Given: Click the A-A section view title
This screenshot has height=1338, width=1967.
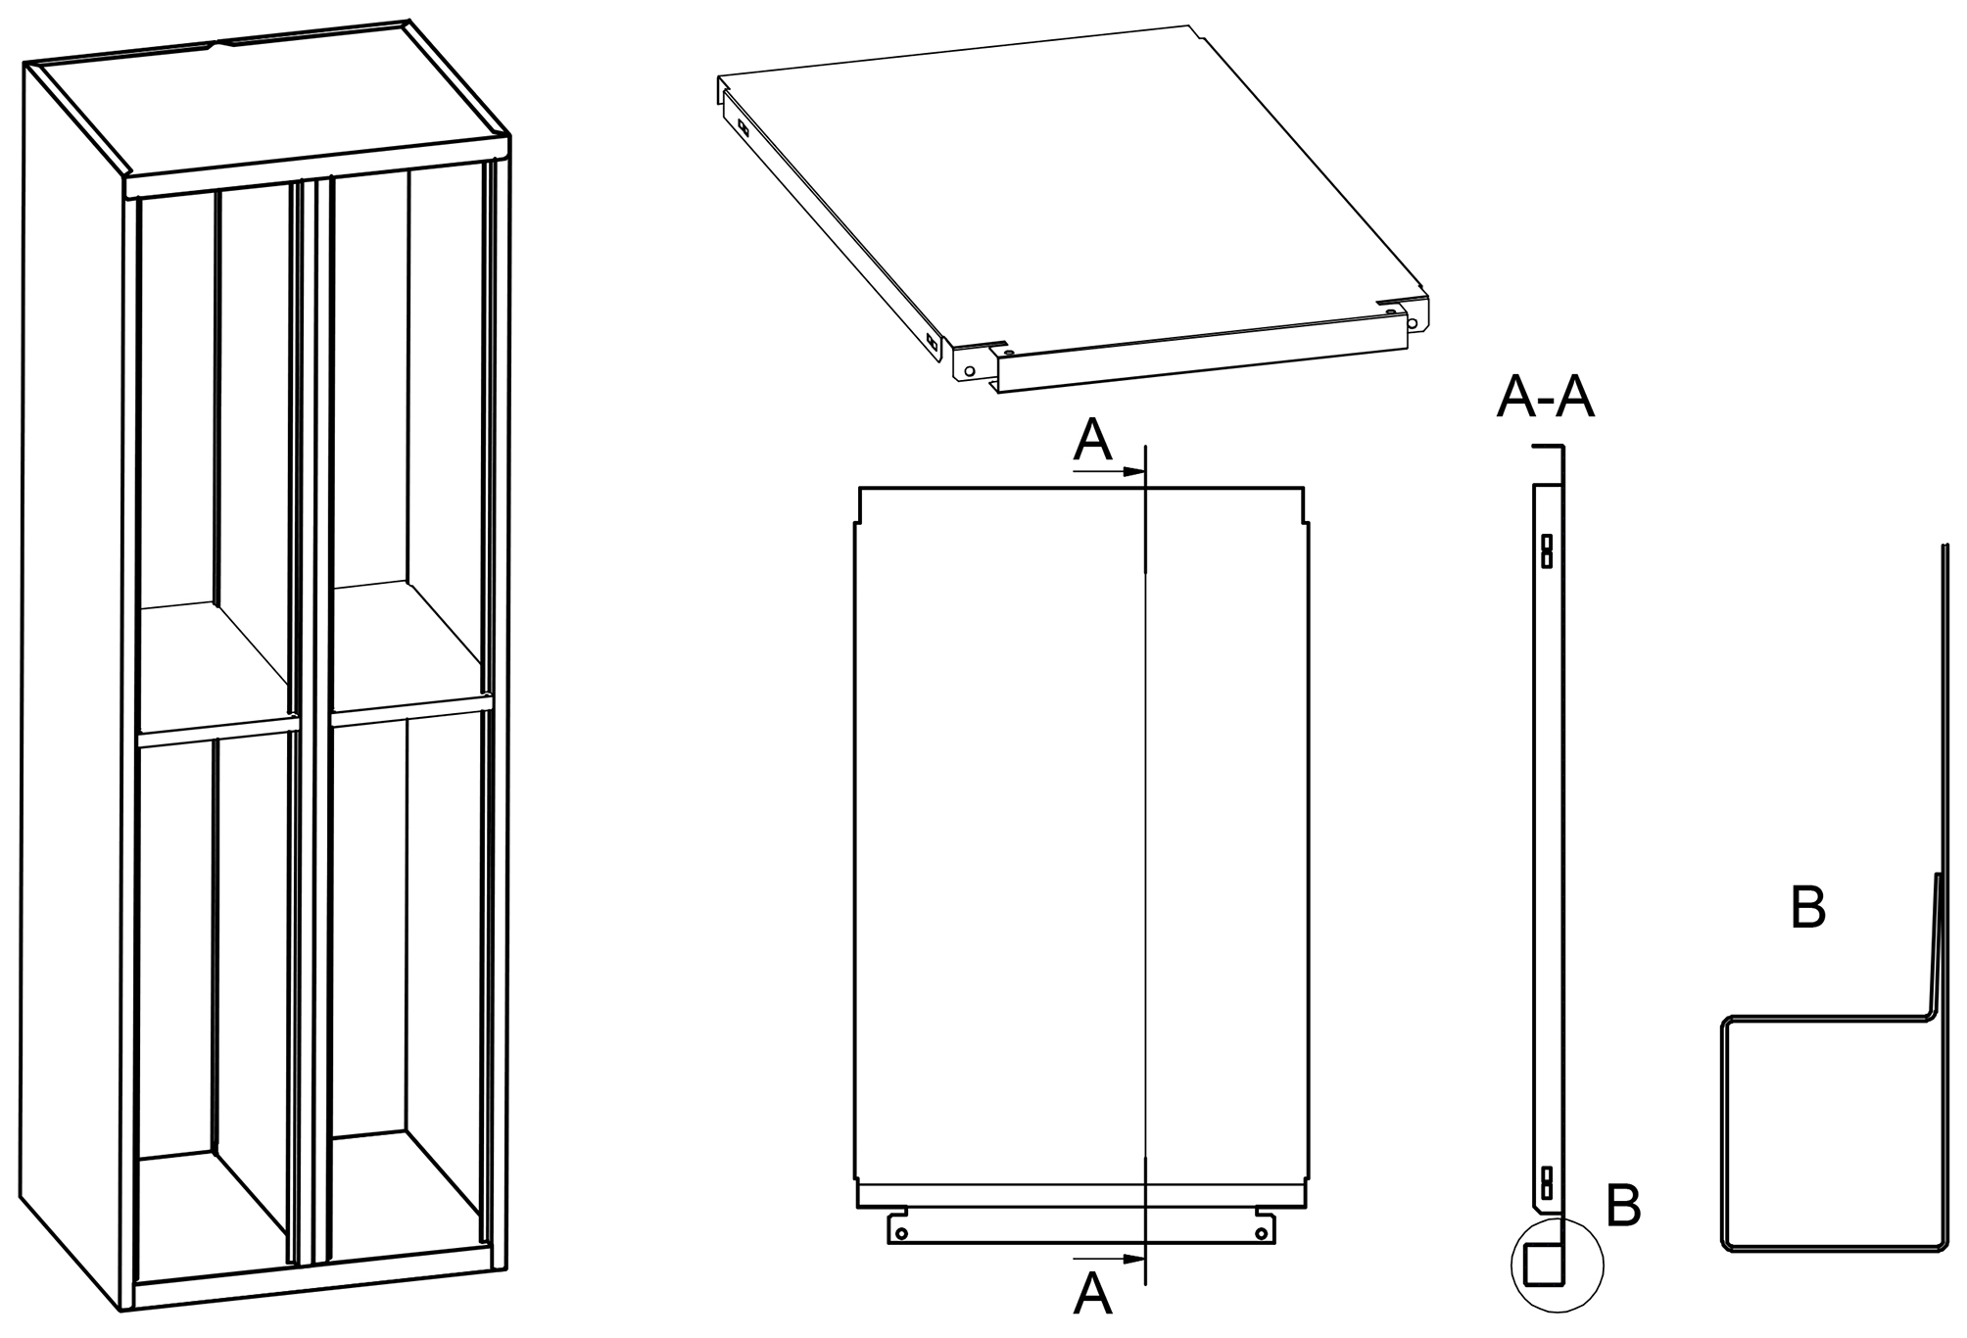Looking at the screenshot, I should coord(1545,397).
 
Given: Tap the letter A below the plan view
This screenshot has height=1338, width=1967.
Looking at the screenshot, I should coord(1092,1294).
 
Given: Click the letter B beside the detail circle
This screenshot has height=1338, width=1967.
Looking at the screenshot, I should coord(1623,1207).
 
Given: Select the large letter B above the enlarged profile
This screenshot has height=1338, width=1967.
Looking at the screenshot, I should coord(1807,909).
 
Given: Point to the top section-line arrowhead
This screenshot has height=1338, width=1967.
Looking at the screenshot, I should coord(1133,471).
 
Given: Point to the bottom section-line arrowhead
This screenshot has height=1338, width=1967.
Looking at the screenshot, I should coord(1133,1258).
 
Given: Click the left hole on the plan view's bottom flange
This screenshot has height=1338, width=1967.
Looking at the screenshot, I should coord(901,1233).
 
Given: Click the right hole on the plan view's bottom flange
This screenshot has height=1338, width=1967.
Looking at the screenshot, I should coord(1261,1233).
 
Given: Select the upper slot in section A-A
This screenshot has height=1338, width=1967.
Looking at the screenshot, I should coord(1547,550).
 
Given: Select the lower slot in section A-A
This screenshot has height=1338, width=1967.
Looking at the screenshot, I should coord(1547,1182).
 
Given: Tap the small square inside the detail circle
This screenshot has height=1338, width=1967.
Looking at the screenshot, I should coord(1541,1266).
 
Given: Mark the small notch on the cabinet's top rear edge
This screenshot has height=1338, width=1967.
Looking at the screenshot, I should coord(217,43).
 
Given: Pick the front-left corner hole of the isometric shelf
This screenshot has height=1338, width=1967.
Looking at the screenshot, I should coord(970,371).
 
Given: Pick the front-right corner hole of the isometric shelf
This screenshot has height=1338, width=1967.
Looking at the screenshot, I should coord(1412,323).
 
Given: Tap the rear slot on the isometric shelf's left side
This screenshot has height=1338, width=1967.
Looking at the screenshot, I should coord(744,127).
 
